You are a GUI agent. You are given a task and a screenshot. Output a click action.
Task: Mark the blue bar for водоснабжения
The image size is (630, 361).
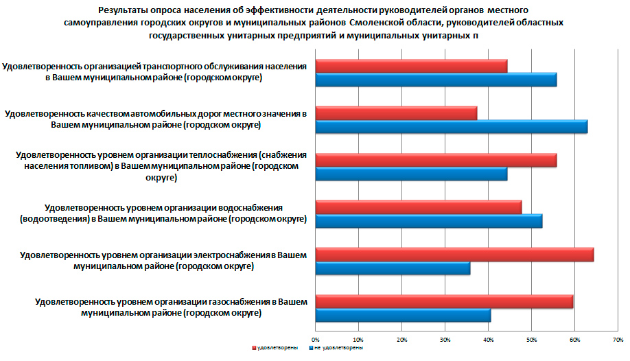pos(428,221)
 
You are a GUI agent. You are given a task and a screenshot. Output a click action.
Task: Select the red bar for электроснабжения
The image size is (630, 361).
pos(454,255)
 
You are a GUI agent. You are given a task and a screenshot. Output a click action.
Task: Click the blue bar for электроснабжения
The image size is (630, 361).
pos(393,268)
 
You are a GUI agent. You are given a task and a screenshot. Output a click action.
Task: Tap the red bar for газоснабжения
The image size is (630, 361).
pos(443,301)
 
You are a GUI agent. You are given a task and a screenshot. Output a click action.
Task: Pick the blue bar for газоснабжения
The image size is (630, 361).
pos(403,316)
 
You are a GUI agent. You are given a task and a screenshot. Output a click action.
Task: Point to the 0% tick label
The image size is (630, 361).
pos(316,340)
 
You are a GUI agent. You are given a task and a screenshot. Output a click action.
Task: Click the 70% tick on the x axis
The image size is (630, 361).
pos(617,340)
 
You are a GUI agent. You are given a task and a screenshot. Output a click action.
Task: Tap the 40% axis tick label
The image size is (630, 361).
pos(488,340)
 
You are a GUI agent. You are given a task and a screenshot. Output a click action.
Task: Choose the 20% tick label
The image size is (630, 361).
pos(401,340)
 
